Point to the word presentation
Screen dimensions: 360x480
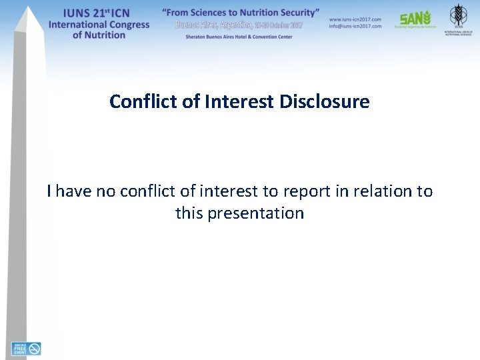256,213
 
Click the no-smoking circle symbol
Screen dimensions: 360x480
34,349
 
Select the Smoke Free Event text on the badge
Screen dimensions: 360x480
19,349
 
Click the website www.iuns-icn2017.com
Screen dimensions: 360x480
355,19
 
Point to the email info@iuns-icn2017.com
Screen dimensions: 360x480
355,26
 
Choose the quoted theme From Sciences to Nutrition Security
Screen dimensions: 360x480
241,13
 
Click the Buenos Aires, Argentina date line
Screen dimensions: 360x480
239,25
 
